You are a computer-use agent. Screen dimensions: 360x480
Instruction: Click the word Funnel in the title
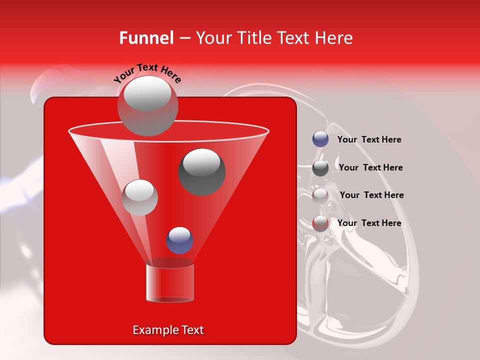point(146,38)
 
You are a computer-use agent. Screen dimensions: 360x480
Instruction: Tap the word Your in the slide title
point(213,38)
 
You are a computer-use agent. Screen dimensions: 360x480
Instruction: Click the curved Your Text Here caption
point(147,74)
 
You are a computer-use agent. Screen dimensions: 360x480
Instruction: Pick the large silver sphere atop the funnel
point(147,105)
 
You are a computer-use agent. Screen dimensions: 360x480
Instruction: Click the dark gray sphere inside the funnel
point(201,171)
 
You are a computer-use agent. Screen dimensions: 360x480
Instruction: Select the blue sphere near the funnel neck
point(179,240)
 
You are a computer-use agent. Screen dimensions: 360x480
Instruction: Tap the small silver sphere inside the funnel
point(140,197)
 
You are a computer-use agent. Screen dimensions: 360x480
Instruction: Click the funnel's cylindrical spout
point(169,282)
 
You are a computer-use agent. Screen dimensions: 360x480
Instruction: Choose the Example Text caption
point(168,330)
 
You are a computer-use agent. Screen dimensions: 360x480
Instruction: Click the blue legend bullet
point(320,139)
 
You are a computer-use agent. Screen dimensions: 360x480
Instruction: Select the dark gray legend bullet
point(320,167)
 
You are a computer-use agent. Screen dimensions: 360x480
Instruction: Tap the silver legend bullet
point(320,195)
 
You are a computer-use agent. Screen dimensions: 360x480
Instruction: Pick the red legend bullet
point(320,223)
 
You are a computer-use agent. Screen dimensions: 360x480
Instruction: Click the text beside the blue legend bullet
point(369,139)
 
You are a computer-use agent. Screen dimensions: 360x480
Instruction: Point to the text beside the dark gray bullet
point(370,167)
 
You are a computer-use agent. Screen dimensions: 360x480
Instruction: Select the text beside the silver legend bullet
point(371,195)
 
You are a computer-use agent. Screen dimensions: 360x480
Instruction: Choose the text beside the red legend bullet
point(369,223)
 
